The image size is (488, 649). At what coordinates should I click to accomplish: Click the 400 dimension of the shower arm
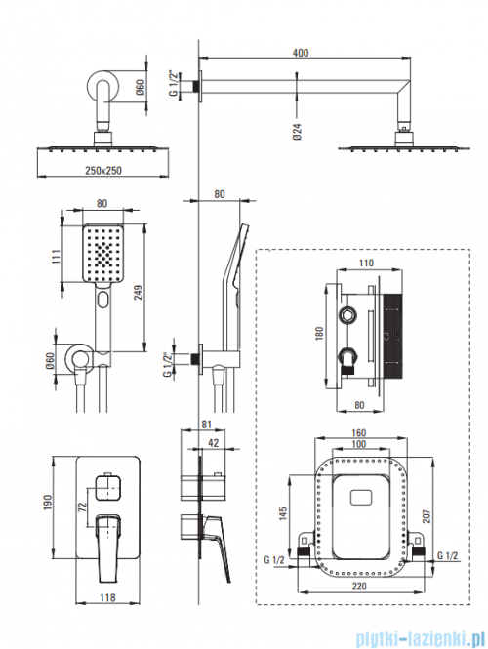point(301,53)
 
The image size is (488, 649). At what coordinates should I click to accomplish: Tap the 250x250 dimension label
point(103,170)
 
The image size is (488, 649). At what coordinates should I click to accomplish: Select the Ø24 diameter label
point(297,131)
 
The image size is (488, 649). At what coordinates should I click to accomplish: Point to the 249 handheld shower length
point(139,292)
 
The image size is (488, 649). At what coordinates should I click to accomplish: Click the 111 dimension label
point(57,257)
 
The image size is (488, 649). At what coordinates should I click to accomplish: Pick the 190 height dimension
point(48,502)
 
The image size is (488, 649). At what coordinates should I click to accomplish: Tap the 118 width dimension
point(107,597)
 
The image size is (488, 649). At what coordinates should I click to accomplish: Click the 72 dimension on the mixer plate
point(82,507)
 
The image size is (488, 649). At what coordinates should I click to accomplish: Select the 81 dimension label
point(207,425)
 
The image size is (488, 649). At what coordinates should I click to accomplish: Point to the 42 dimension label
point(213,442)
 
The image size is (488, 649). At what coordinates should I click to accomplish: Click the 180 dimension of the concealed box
point(319,333)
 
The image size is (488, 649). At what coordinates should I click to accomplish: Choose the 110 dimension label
point(366,263)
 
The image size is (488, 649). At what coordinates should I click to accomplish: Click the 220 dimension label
point(359,586)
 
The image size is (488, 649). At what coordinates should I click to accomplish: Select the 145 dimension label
point(283,513)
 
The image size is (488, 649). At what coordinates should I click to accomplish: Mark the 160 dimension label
point(358,432)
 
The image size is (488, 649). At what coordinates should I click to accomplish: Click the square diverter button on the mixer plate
point(107,488)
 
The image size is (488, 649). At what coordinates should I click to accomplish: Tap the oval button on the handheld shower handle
point(103,300)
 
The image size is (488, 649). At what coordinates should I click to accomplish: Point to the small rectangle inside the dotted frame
point(361,498)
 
